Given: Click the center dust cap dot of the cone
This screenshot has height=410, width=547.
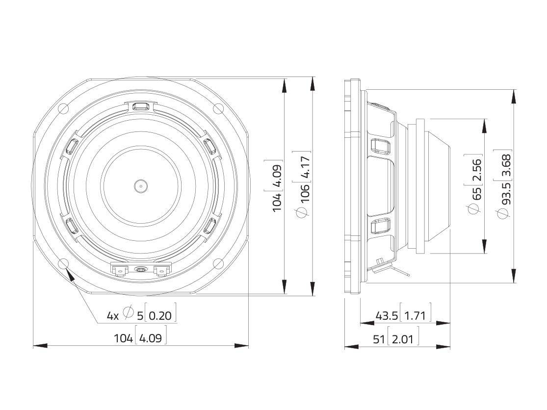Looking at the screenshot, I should click(x=141, y=185).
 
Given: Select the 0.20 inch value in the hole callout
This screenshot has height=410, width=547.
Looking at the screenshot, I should click(x=160, y=315).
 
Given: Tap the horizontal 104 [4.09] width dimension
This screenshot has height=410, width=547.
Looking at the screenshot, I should click(x=140, y=338).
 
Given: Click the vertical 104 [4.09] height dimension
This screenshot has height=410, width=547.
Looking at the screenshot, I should click(x=277, y=186).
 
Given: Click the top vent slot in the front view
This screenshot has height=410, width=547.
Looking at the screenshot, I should click(x=141, y=105).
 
